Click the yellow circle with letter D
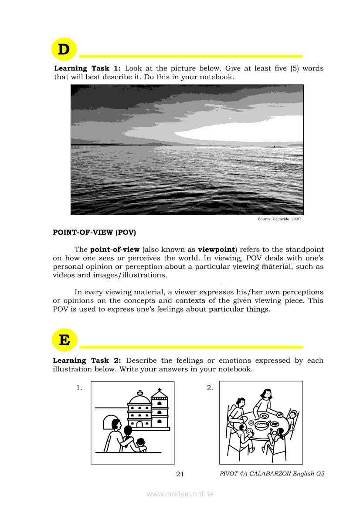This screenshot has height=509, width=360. point(64,49)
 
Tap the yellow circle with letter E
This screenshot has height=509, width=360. point(64,340)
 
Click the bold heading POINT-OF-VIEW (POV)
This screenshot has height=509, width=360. point(95,233)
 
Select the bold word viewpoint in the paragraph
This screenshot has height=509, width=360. point(217,249)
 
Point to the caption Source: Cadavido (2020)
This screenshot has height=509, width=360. point(279,219)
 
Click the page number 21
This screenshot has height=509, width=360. point(180,474)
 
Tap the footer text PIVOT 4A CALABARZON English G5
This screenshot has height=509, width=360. point(272,474)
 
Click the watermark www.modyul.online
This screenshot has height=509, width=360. point(180,494)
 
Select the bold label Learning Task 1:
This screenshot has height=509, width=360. point(87,68)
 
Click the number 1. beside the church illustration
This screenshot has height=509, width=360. point(79,388)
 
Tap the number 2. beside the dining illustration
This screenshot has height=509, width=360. point(210,388)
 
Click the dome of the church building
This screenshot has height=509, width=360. point(139,399)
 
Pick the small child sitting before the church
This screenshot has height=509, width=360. point(140,445)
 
